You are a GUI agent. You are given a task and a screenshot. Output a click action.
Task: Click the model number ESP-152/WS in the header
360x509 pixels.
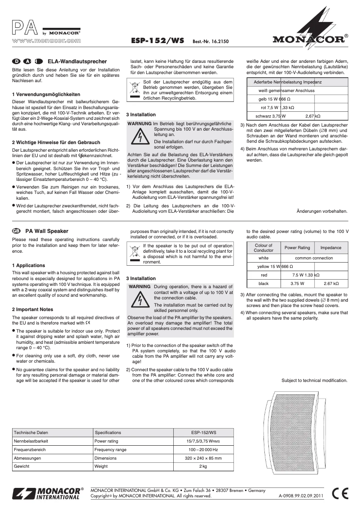pos(158,40)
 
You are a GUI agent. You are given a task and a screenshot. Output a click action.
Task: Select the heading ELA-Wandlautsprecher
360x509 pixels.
pos(77,61)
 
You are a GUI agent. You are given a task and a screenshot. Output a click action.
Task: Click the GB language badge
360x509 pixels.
pos(17,231)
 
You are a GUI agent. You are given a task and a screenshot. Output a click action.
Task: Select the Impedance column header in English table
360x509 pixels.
pos(330,248)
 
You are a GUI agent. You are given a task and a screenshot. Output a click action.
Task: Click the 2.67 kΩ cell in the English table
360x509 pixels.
pos(330,284)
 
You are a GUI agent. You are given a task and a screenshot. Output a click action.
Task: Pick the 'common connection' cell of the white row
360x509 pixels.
pos(314,258)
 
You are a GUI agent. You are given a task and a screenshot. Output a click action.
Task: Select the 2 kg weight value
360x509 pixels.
pos(203,467)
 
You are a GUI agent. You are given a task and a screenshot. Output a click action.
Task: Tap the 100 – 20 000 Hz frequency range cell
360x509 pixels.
pos(203,450)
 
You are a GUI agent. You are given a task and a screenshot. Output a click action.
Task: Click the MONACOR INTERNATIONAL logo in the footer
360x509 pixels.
pos(48,493)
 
